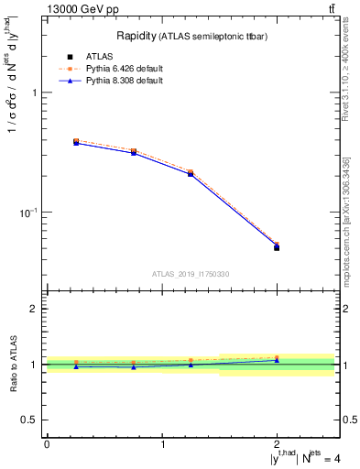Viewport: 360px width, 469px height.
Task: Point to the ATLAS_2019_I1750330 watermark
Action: (191, 274)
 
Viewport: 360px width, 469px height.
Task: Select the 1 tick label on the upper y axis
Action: (35, 93)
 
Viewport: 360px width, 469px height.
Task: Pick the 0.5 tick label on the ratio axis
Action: (31, 420)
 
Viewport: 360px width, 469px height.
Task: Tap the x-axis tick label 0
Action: (47, 444)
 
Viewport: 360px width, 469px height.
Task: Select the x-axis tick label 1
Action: (162, 444)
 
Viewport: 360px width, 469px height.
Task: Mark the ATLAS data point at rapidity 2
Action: (277, 247)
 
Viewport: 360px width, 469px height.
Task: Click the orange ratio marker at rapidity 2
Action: (277, 357)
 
